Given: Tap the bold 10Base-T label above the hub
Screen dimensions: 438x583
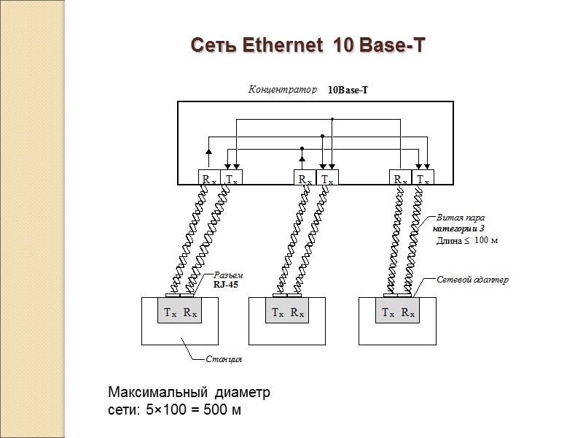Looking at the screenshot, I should click(348, 91).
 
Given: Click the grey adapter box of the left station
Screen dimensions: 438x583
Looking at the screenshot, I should click(179, 312).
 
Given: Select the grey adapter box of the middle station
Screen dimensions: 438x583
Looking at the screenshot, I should click(287, 312).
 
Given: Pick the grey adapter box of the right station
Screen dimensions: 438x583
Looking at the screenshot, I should click(398, 312).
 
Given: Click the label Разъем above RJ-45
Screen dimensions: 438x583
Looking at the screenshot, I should click(227, 275).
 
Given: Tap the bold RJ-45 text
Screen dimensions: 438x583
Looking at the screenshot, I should click(226, 285).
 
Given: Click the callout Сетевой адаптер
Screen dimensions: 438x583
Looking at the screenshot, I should click(472, 280).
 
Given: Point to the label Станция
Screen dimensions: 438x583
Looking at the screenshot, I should click(224, 359).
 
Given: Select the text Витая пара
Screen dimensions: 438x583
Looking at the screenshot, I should click(461, 218).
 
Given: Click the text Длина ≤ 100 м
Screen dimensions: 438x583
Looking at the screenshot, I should click(466, 239).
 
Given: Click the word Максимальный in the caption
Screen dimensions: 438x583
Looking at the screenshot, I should click(153, 393).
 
